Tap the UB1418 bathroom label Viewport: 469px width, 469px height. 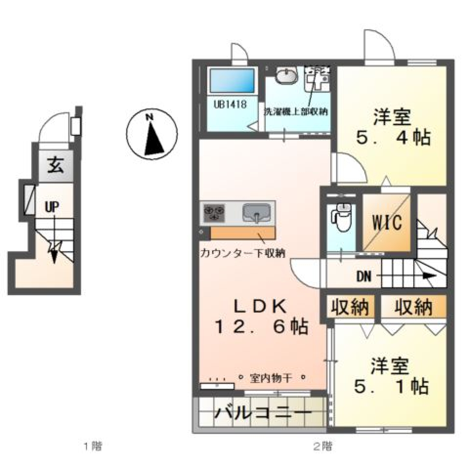230,104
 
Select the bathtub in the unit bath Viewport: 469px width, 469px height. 233,81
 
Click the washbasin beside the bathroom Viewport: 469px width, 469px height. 286,77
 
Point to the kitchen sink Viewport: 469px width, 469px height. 257,213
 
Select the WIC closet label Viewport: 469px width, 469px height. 387,222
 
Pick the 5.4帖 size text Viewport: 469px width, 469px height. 393,138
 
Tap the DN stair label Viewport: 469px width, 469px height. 363,277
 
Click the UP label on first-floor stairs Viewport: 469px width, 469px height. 52,207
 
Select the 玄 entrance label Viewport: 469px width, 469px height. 55,167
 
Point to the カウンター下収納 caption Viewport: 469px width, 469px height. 242,253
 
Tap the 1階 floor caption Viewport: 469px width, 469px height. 93,446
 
